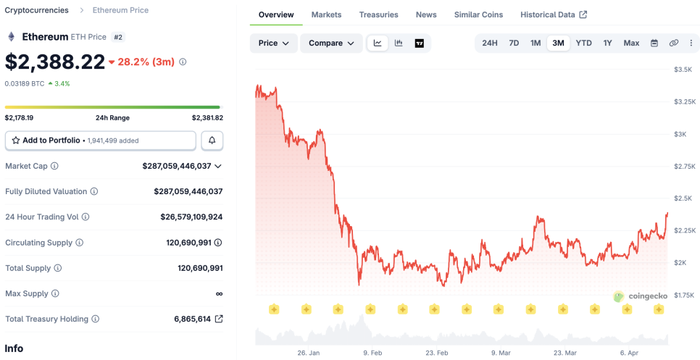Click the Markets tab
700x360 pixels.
[x=326, y=14]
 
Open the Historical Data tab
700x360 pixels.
[x=554, y=14]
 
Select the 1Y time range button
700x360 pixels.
[x=607, y=43]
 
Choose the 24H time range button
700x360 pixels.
[x=490, y=43]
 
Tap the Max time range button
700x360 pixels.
[x=631, y=43]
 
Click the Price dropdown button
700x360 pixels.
[x=273, y=43]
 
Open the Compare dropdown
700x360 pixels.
[x=331, y=43]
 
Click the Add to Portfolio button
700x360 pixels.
[x=100, y=141]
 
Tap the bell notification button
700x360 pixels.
[x=212, y=141]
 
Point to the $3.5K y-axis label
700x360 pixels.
[x=683, y=70]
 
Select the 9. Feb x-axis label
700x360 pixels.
[x=372, y=353]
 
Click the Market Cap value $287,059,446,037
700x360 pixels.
[x=177, y=166]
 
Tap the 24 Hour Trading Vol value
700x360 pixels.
[x=191, y=217]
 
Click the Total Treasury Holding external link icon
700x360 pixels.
[x=219, y=319]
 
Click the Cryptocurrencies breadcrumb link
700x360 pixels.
[x=37, y=10]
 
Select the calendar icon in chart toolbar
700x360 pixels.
[x=654, y=43]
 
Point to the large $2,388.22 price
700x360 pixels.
[x=55, y=62]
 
